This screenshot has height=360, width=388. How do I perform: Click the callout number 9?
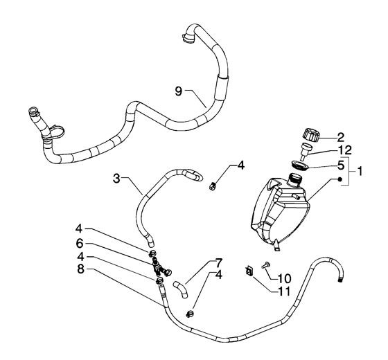coord(179,91)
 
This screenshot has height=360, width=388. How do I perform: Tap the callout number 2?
coord(341,137)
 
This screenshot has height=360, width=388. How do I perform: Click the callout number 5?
coord(341,165)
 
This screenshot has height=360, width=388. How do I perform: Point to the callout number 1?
coord(360,171)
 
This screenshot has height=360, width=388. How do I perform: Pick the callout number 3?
coord(116,179)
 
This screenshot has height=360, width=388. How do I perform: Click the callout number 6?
coord(80,243)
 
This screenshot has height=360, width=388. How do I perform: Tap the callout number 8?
coord(80,269)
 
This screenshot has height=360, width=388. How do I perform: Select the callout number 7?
coord(219,263)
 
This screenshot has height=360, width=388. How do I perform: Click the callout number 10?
coord(284,278)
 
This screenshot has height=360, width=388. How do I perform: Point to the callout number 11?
coord(284,291)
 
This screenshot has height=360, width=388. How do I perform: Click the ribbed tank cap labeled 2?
coord(310,135)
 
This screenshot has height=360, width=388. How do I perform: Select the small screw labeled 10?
coord(265,266)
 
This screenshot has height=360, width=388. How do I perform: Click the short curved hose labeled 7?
coord(180,289)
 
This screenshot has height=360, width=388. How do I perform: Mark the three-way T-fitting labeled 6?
coord(160,267)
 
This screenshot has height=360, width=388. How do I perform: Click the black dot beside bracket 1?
coord(340,179)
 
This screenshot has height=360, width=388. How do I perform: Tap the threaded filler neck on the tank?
coord(294,179)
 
